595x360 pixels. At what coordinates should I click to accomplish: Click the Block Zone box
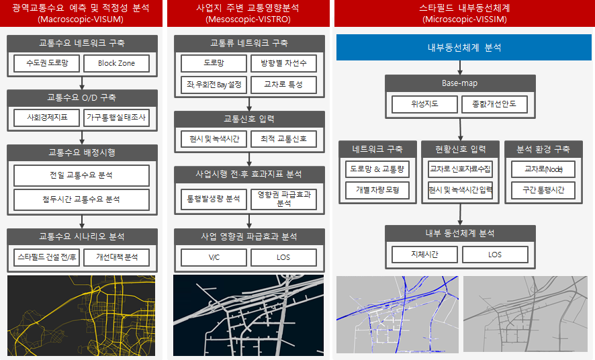[116, 63]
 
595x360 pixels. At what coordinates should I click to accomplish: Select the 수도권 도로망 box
[46, 63]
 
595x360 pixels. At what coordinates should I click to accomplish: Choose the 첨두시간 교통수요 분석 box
[82, 199]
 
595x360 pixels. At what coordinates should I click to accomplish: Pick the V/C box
[214, 257]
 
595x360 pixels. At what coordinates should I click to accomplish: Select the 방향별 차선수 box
[283, 64]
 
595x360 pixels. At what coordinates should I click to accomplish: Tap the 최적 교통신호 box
[283, 139]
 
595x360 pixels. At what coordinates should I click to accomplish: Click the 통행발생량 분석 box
[214, 199]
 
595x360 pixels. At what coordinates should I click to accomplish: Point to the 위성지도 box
[424, 104]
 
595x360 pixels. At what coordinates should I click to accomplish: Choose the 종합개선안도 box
[495, 104]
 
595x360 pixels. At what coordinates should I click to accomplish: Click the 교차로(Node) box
[543, 169]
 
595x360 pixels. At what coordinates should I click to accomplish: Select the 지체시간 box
[424, 255]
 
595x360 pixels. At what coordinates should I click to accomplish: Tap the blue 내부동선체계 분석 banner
[464, 48]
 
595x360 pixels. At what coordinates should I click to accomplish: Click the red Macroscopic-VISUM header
[82, 13]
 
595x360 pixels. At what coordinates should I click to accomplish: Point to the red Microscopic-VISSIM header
[464, 13]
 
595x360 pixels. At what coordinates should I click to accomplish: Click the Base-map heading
[460, 83]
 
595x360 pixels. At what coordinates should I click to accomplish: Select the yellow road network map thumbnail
[81, 316]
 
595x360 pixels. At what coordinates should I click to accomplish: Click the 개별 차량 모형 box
[377, 190]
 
